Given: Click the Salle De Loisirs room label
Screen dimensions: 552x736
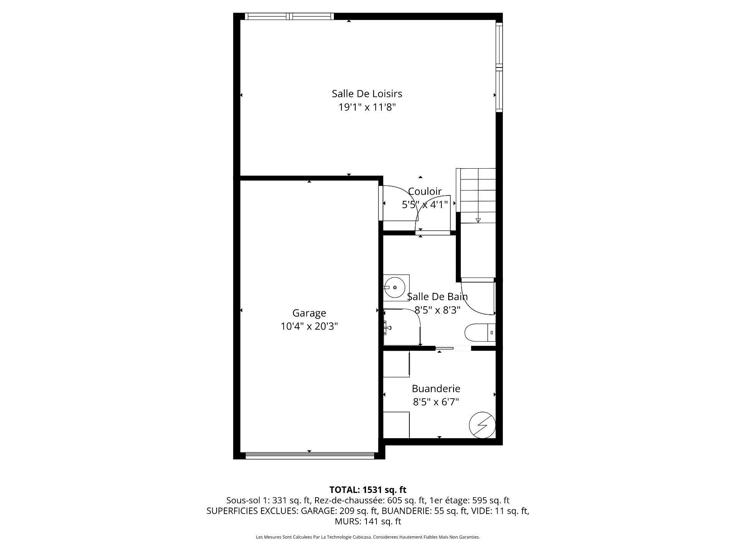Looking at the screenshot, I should click(367, 94).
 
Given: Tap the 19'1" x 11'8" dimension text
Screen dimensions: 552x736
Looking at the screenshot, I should click(367, 107).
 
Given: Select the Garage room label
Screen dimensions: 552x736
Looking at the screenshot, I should click(309, 313).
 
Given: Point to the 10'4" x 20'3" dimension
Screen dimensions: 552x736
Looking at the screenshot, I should click(309, 327).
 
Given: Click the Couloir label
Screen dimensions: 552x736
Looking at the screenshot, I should click(425, 191).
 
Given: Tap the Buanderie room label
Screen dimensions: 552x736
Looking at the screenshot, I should click(436, 389).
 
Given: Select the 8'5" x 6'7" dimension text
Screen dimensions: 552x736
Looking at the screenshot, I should click(436, 402).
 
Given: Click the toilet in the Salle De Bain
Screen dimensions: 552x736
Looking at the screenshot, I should click(479, 332).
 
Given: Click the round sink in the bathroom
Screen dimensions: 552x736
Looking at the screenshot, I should click(394, 287).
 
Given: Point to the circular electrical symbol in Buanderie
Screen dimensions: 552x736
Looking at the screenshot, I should click(482, 425).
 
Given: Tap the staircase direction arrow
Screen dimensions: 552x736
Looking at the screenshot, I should click(478, 220).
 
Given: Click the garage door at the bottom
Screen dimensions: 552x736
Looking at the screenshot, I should click(309, 455).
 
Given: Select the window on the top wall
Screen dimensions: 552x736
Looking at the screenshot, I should click(289, 16).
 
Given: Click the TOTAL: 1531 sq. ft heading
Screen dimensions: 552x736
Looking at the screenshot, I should click(368, 490).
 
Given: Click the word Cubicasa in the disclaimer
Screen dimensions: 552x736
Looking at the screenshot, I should click(362, 537).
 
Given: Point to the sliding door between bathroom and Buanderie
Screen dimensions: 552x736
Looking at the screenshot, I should click(453, 348).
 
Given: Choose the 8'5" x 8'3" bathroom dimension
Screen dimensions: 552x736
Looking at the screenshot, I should click(437, 310).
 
